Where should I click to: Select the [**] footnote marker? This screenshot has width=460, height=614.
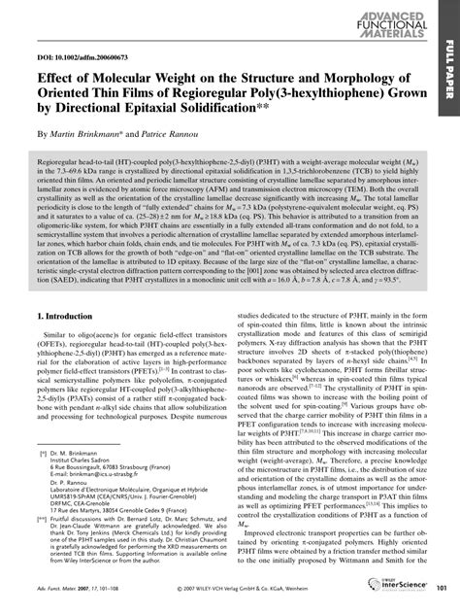43,520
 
